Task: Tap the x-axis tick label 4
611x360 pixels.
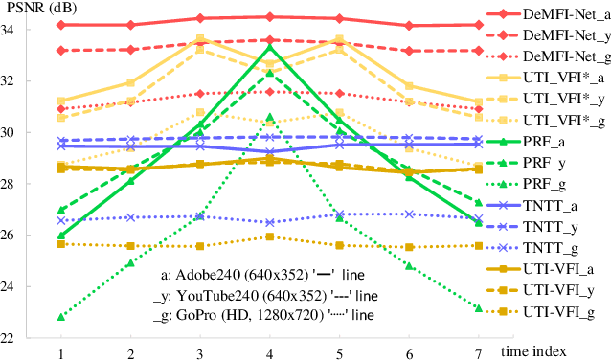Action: click(270, 353)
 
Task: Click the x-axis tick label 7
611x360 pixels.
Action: click(478, 353)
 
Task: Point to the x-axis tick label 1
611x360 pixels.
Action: click(62, 353)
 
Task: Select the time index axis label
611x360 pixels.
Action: click(559, 350)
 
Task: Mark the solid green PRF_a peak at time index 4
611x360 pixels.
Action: click(270, 46)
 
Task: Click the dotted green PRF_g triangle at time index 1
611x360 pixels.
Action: click(62, 316)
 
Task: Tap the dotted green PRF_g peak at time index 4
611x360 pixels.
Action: click(270, 117)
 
